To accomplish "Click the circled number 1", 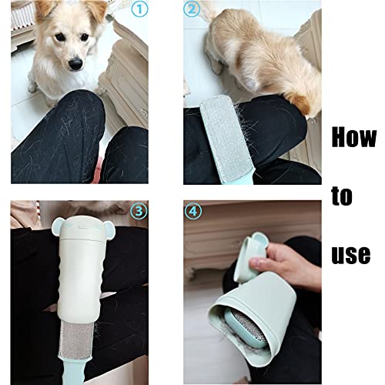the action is point(139,9).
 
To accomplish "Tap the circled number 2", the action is point(192,9).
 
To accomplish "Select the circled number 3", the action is point(139,211).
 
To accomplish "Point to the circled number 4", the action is point(193,211).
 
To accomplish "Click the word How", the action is point(354,138).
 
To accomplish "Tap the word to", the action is point(342,196).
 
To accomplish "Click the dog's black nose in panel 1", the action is point(76,64).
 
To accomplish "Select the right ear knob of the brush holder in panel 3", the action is point(110,229).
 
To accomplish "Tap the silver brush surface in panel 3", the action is point(76,338).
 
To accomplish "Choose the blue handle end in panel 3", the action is point(75,370).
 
